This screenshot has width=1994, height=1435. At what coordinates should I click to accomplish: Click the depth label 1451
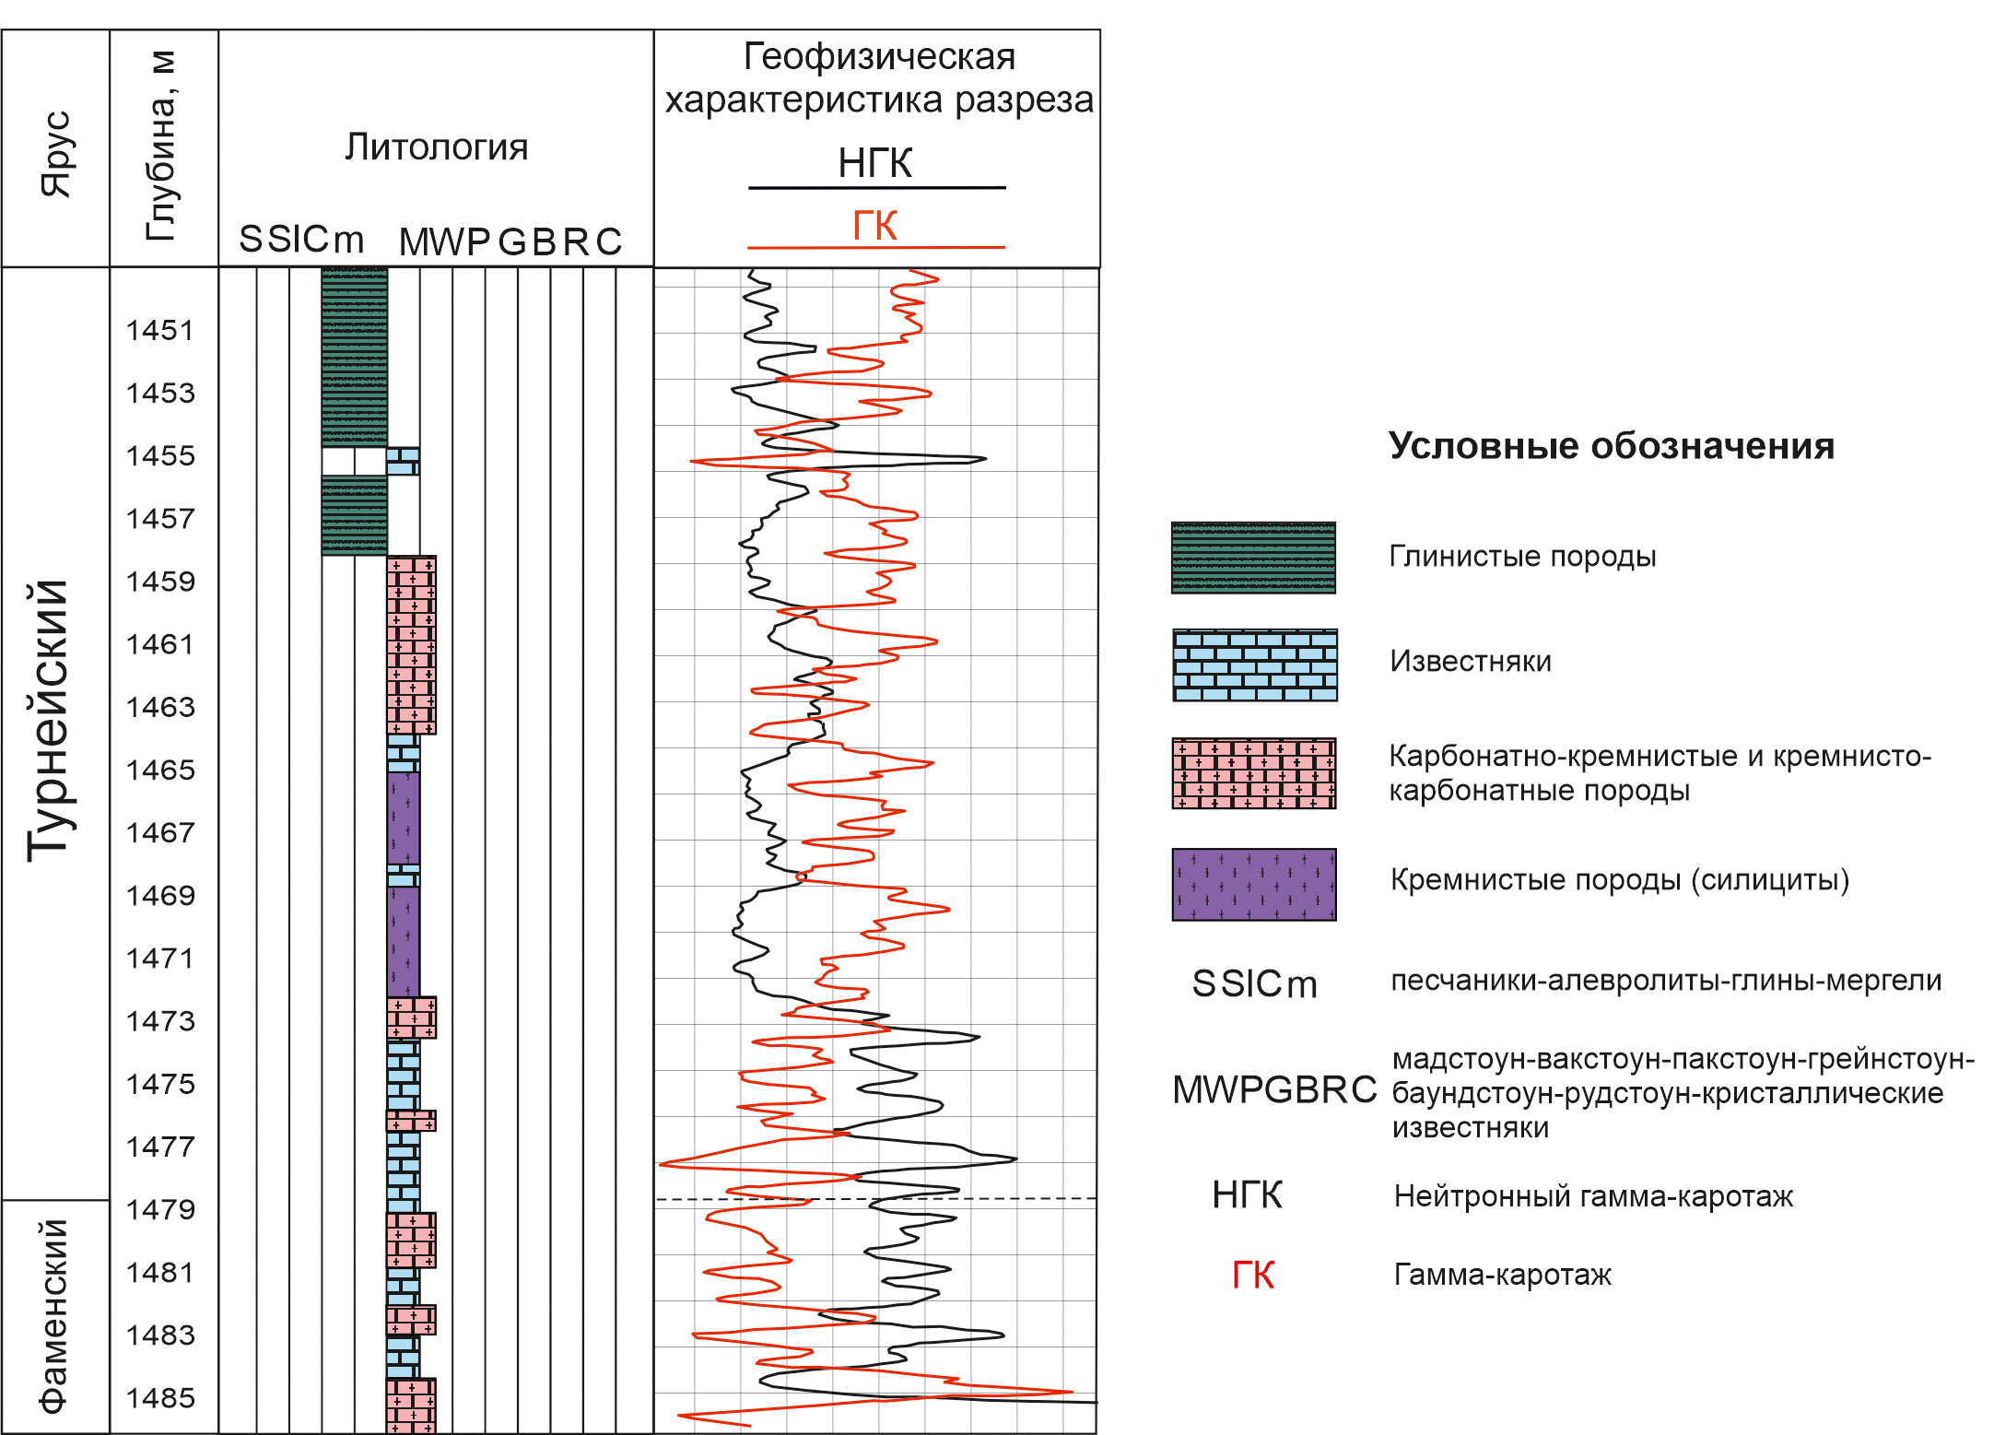160,330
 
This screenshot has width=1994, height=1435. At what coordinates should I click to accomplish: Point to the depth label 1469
160,895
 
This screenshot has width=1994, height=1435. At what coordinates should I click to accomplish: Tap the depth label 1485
160,1397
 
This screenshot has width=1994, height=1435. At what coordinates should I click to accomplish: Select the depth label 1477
160,1147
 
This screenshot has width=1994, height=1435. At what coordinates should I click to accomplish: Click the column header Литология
437,147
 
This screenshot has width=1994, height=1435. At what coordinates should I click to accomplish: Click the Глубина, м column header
162,146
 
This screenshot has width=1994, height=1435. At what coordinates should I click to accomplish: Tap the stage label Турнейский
49,721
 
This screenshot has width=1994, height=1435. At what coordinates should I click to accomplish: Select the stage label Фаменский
53,1316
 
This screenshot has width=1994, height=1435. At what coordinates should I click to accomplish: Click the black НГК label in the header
875,163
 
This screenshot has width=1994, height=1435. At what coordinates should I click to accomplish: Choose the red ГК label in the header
874,225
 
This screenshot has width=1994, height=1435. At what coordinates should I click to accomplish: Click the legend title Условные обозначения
1612,446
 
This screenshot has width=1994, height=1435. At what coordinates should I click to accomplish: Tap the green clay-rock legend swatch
1253,558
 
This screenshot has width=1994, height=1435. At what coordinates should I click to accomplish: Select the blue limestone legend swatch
1255,665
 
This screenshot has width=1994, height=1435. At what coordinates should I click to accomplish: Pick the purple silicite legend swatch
1254,885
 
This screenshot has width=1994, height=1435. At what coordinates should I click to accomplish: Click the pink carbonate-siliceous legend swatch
1254,773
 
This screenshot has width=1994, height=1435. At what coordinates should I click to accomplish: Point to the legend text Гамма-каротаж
1503,1275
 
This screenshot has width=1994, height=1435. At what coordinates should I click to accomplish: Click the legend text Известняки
1471,661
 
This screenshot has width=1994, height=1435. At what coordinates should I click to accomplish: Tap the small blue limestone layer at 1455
403,461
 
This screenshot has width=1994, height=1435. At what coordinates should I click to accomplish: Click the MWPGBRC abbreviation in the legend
1274,1089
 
